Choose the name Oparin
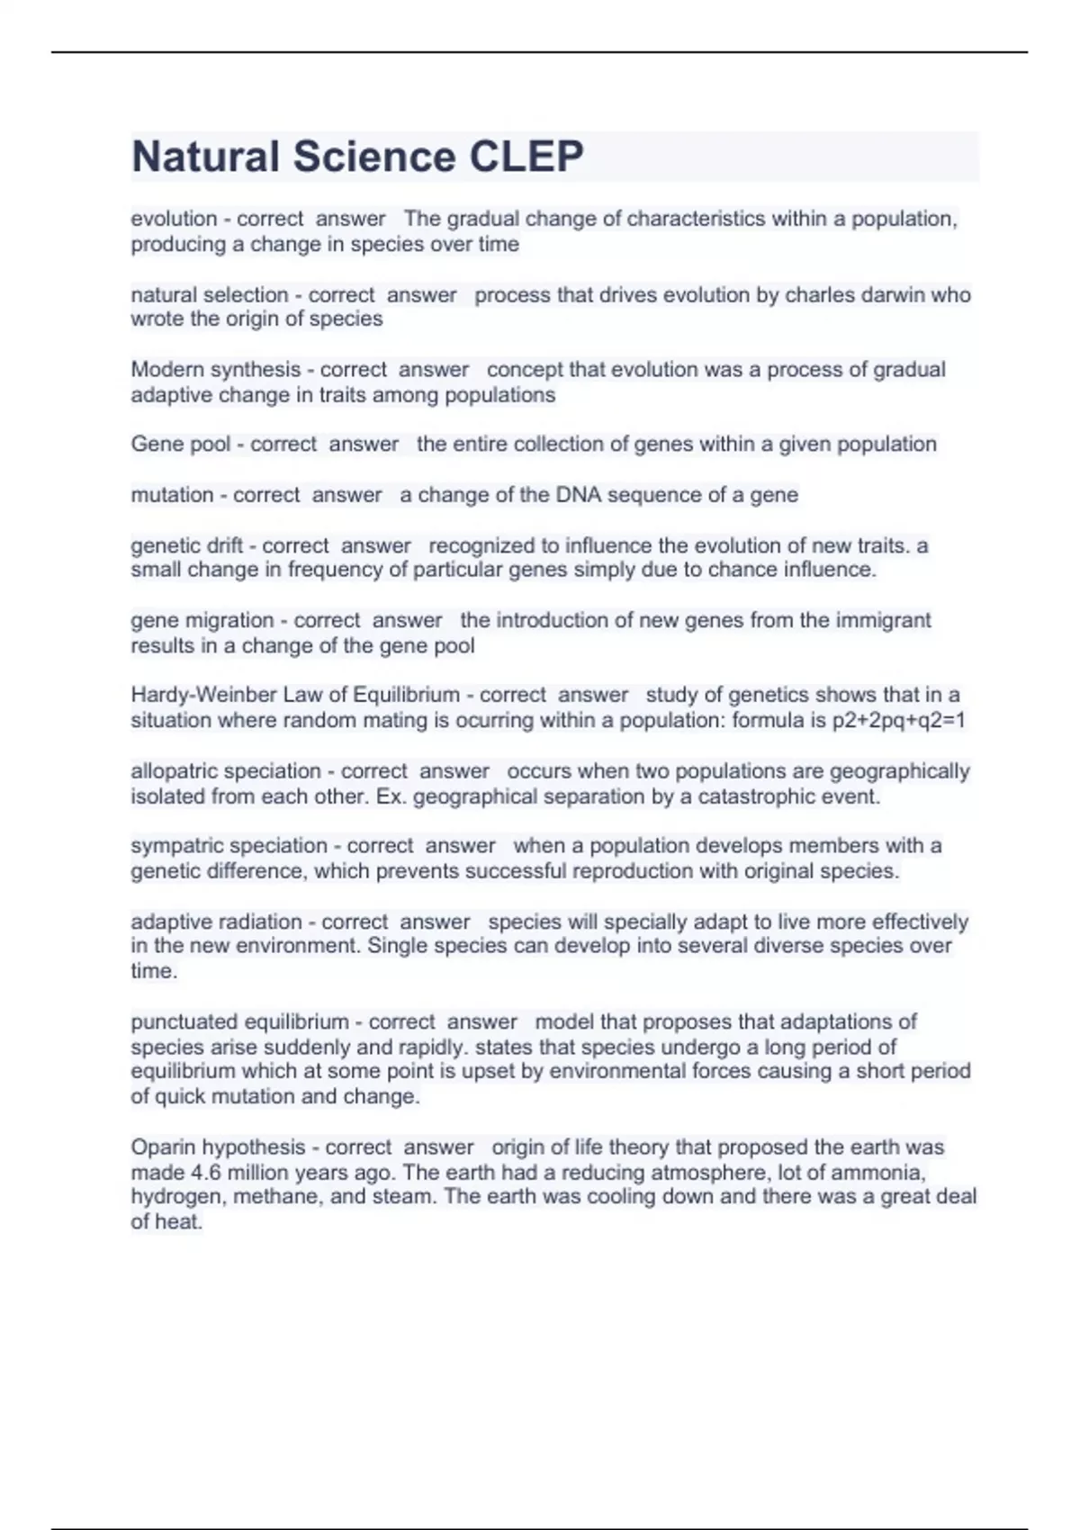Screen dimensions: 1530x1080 coord(163,1147)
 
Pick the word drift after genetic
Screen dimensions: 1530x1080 coord(224,545)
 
